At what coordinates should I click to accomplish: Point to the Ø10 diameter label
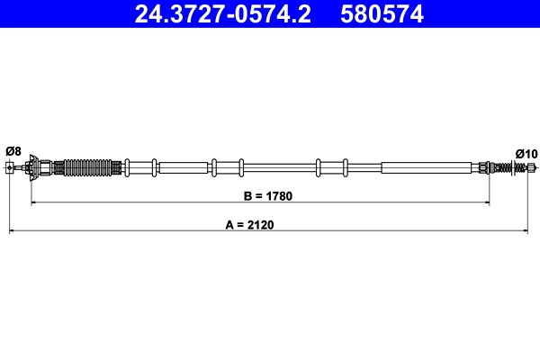coord(526,152)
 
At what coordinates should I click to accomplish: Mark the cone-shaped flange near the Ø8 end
coord(32,167)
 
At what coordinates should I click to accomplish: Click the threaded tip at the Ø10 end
coord(532,167)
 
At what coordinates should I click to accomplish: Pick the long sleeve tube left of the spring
coord(426,167)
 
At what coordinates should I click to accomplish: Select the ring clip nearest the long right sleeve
coord(346,167)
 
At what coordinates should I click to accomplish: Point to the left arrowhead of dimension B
coord(34,203)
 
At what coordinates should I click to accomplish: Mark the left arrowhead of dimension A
coord(12,234)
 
